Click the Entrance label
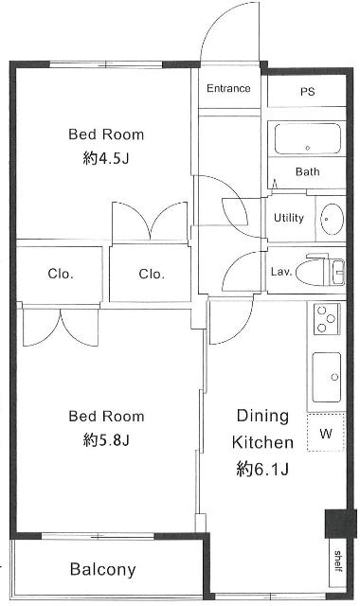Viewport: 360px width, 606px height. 228,88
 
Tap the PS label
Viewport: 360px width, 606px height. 307,92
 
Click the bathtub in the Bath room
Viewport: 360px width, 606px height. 307,139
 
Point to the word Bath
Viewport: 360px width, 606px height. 307,171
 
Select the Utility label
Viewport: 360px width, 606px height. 288,218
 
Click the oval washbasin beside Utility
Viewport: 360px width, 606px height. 333,219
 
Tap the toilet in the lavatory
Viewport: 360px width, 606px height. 320,270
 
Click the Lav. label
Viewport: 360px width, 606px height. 280,272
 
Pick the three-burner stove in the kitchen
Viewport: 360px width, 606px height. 327,319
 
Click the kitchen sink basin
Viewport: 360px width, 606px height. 326,377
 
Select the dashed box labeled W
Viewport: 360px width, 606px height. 326,432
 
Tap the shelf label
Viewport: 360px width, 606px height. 337,561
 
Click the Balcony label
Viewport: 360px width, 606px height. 103,570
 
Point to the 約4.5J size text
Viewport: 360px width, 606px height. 105,158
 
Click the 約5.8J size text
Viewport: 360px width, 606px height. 105,439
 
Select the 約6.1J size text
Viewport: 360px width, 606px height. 262,470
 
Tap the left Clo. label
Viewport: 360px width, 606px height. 61,274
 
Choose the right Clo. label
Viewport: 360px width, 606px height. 152,275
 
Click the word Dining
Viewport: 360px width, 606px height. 262,417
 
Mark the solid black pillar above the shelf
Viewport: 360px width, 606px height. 340,524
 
